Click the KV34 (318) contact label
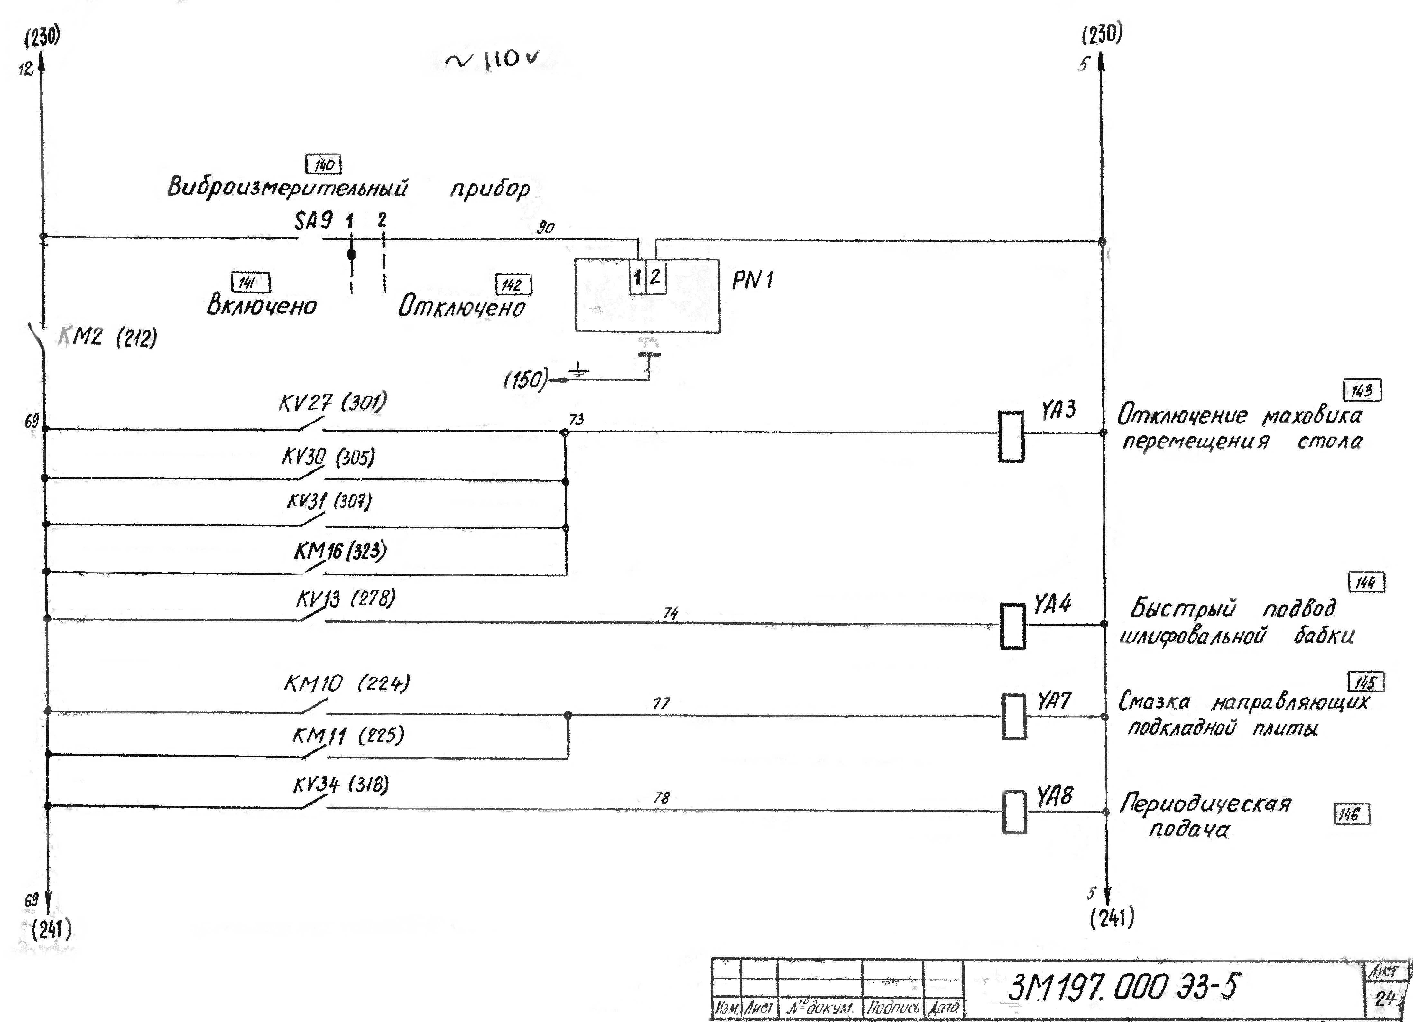[x=341, y=785]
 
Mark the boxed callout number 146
[x=1352, y=814]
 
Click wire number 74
[x=670, y=613]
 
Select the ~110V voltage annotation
[x=492, y=60]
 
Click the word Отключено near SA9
[x=462, y=307]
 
